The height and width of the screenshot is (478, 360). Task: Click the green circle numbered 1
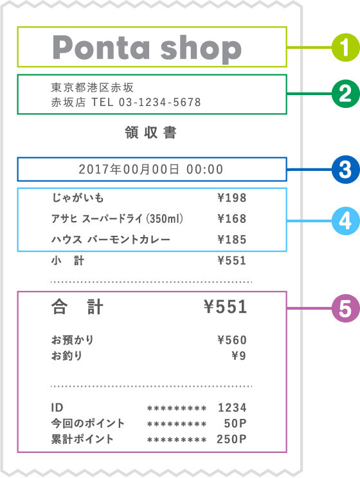click(x=345, y=47)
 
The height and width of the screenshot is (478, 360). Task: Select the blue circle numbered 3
click(x=345, y=170)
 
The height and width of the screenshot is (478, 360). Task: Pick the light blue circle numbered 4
click(x=345, y=220)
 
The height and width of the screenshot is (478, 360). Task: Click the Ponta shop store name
click(x=147, y=48)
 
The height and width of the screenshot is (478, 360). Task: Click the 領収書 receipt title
click(x=150, y=134)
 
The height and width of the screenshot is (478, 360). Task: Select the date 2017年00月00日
click(x=130, y=170)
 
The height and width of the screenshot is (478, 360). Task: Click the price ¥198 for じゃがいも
click(x=232, y=198)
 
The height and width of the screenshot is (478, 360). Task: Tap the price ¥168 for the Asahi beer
click(x=232, y=219)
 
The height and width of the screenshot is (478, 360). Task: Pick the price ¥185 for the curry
click(x=232, y=240)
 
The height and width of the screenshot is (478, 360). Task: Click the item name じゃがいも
click(x=76, y=198)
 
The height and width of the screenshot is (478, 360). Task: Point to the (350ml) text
click(x=165, y=219)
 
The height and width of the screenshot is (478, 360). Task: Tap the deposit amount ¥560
click(x=232, y=340)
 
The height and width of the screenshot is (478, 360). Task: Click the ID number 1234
click(x=232, y=407)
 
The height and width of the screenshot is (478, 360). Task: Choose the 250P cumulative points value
click(x=232, y=439)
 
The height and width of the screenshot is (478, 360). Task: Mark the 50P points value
click(x=235, y=423)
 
